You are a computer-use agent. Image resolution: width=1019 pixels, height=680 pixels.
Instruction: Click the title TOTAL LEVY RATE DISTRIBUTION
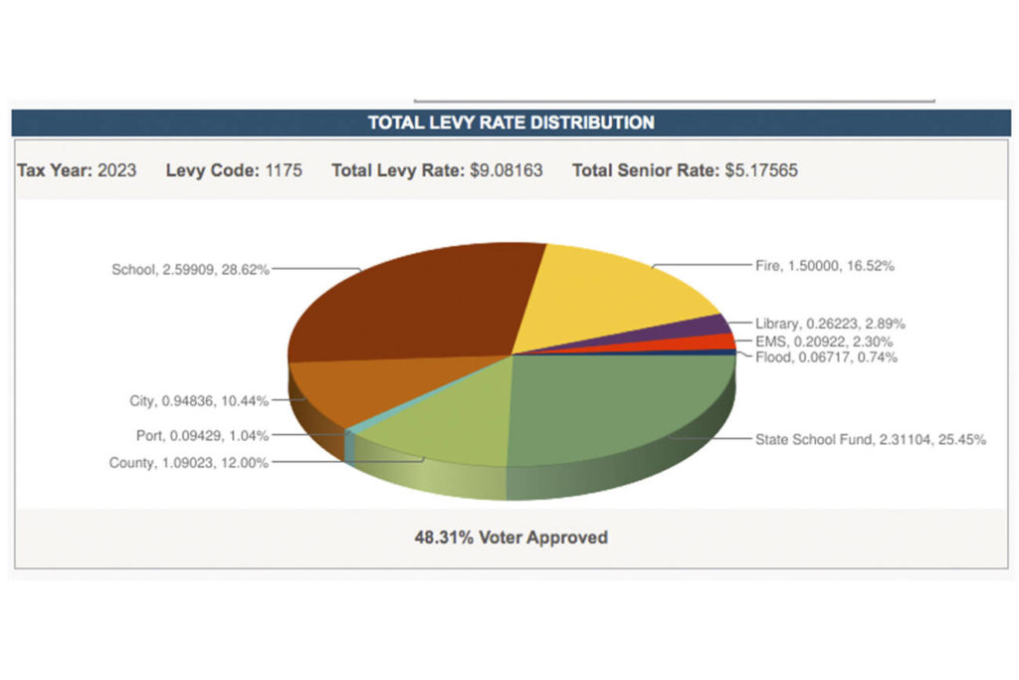click(x=510, y=122)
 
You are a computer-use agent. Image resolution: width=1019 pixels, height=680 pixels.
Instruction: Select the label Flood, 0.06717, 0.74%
click(x=826, y=356)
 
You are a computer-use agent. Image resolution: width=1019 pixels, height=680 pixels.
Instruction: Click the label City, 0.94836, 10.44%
click(x=198, y=401)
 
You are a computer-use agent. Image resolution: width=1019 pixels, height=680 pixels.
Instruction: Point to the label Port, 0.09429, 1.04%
click(x=202, y=435)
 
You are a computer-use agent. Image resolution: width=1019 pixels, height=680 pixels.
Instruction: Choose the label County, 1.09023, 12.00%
click(x=188, y=462)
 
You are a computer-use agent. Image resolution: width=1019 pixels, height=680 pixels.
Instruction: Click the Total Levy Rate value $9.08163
click(x=506, y=170)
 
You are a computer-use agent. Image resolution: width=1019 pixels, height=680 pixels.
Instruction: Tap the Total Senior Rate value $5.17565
click(x=760, y=170)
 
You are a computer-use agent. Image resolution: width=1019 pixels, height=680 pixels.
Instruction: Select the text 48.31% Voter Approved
click(x=510, y=537)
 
